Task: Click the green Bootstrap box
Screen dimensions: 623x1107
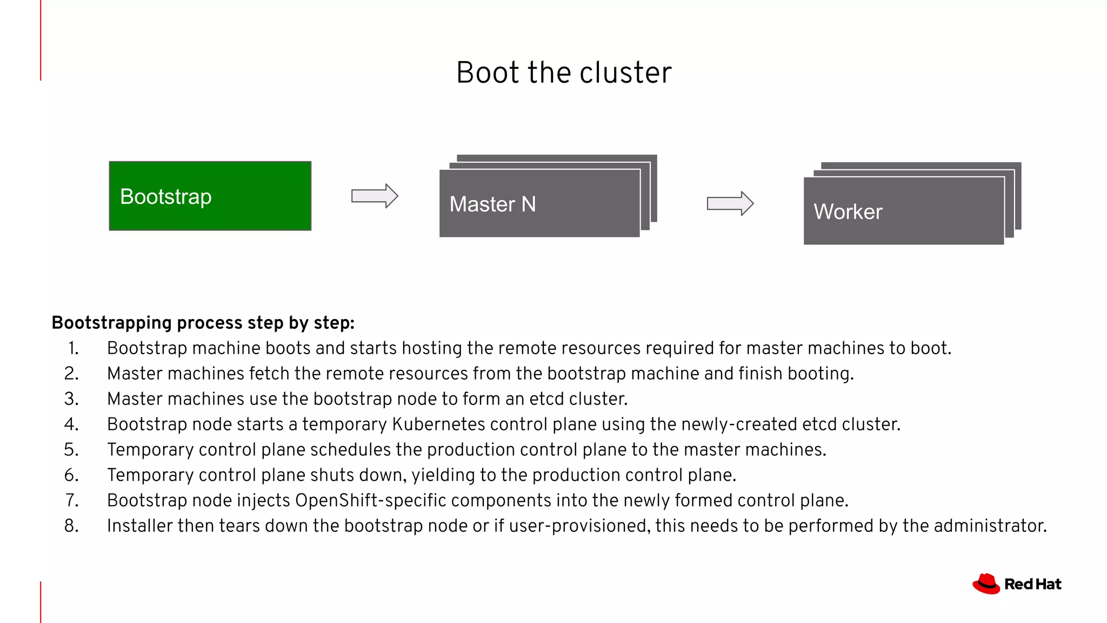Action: coord(210,196)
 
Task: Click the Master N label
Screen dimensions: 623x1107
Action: coord(492,204)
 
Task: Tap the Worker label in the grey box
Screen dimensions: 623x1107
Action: coord(848,211)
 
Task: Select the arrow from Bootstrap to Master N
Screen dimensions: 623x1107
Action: coord(375,196)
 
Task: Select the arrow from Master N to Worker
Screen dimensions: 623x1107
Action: coord(730,203)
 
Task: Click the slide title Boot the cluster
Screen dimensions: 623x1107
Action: coord(564,72)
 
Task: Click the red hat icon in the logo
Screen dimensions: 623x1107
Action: coord(986,584)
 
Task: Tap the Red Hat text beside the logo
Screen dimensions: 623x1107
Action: coord(1032,584)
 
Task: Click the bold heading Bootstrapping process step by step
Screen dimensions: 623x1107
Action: coord(203,323)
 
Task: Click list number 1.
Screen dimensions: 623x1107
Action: coord(73,348)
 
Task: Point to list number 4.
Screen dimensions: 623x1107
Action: coord(71,425)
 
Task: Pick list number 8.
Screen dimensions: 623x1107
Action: coord(71,526)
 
